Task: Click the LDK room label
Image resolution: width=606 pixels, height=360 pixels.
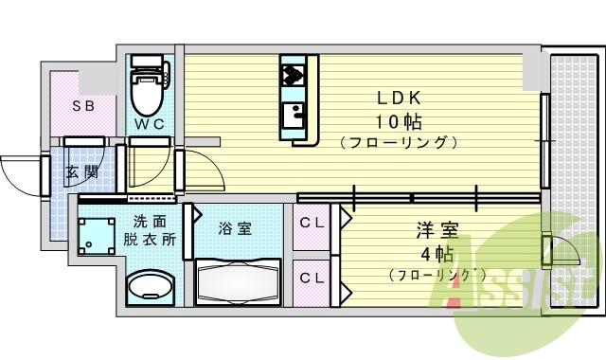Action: point(399,98)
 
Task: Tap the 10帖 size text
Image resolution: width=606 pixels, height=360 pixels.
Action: point(399,121)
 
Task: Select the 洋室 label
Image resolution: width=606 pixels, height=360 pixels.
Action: point(437,229)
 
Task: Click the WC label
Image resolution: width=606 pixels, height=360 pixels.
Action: point(147,125)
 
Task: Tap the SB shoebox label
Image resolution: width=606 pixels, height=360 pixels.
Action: point(83,106)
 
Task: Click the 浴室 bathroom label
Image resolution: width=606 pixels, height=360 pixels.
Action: point(235,227)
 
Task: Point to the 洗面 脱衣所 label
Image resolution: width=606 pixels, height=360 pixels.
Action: point(151,230)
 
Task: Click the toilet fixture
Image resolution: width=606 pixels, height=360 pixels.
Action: point(148,87)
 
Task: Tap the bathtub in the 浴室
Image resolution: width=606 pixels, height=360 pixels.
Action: point(238,282)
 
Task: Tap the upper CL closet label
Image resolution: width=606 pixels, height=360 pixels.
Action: point(312,225)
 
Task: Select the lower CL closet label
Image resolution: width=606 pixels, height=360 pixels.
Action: point(312,278)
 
